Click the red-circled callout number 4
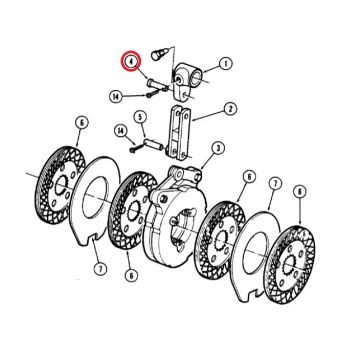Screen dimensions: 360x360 pos(131,62)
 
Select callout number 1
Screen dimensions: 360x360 pos(226,63)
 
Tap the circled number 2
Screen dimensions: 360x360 pos(230,109)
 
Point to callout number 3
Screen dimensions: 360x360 pos(218,148)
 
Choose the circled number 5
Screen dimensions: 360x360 pos(140,117)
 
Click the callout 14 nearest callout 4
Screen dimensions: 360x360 pos(116,97)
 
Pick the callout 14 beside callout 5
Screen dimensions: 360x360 pos(121,131)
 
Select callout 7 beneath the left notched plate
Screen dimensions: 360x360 pos(100,268)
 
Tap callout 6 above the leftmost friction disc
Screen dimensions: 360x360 pos(82,122)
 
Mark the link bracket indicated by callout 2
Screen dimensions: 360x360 pos(180,132)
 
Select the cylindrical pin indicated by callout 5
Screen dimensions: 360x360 pos(153,144)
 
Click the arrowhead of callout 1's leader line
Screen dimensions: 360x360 pos(205,71)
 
